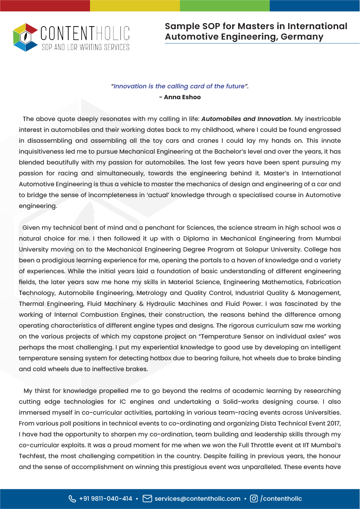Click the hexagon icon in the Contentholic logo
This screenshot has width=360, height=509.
click(x=25, y=37)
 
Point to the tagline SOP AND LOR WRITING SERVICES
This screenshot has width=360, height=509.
click(x=85, y=47)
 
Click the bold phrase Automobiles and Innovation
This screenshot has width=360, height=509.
click(x=247, y=119)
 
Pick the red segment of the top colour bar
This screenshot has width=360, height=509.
click(x=45, y=5)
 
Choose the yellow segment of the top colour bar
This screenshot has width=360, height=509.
click(x=135, y=5)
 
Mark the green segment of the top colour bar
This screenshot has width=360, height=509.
click(x=224, y=5)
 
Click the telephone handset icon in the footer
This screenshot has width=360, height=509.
click(x=72, y=499)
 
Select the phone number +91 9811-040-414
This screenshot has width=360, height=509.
click(x=106, y=499)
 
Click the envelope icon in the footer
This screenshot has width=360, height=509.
click(x=147, y=499)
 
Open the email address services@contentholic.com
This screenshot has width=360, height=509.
click(x=197, y=499)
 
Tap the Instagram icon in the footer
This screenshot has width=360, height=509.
click(x=254, y=499)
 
